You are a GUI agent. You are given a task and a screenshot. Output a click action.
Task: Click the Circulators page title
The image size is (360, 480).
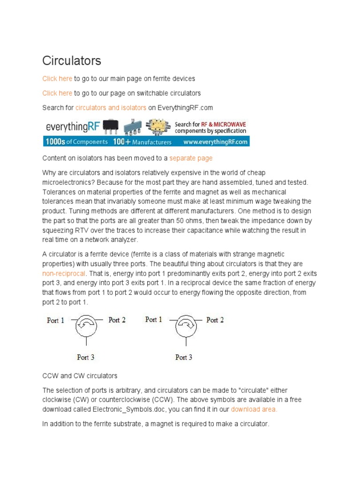[x=72, y=61]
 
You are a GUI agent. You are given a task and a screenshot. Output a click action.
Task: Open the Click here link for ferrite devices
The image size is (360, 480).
[x=57, y=78]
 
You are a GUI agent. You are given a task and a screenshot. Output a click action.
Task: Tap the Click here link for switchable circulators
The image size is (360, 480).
[x=57, y=93]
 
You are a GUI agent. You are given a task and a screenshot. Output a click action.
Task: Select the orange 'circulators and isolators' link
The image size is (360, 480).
[x=111, y=107]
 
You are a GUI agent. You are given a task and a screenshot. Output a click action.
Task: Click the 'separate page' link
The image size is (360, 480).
[x=191, y=158]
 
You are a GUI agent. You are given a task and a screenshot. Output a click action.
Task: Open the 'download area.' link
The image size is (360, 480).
[x=254, y=409]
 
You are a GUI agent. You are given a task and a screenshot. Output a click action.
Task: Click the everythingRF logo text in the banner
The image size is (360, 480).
[x=73, y=127]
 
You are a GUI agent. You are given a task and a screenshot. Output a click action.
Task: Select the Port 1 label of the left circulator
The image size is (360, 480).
[x=56, y=321]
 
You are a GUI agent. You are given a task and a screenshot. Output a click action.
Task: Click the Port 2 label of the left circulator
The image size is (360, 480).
[x=117, y=320]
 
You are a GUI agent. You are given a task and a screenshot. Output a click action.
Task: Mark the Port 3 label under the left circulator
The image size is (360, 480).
[x=86, y=357]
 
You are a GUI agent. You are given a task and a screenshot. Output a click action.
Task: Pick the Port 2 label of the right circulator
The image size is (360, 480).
[x=215, y=320]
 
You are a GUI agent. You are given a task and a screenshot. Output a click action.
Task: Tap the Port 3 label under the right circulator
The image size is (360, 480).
[x=184, y=357]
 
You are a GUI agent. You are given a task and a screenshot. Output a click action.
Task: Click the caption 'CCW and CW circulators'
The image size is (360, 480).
[x=80, y=375]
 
